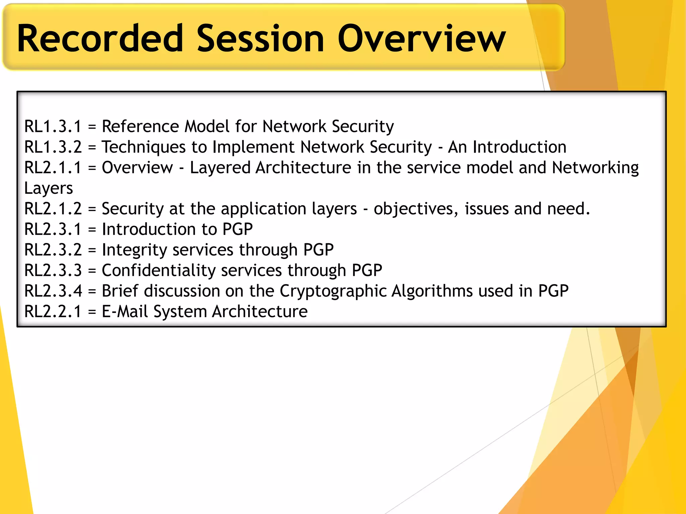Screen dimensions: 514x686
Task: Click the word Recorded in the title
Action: pos(100,38)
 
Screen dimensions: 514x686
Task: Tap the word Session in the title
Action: pos(260,38)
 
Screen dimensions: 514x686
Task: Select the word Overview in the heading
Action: pos(421,38)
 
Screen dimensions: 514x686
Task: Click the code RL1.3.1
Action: pos(53,126)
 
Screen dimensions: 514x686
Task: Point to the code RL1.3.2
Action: pos(53,147)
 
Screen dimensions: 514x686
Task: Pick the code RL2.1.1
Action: pos(53,168)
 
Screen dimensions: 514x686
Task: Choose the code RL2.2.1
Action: pos(53,312)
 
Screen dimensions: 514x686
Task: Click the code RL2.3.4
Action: pos(53,291)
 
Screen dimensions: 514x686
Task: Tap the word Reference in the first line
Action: pos(140,126)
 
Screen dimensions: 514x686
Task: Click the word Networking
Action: pos(595,168)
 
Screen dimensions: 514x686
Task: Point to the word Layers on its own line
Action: pos(49,188)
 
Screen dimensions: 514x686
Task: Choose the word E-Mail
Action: pos(125,312)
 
